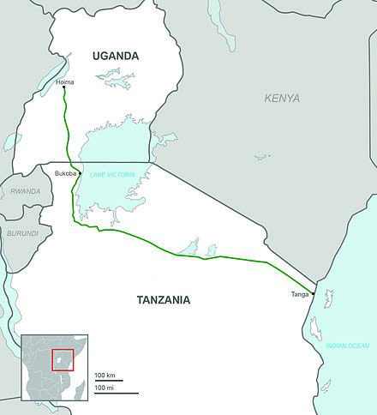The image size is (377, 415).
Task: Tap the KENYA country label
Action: [282, 99]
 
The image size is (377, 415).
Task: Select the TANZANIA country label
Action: [163, 300]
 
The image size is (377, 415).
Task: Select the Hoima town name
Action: [64, 81]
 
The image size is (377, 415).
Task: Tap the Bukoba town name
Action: [66, 173]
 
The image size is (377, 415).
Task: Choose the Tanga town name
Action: [300, 295]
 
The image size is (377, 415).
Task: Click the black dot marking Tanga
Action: [314, 294]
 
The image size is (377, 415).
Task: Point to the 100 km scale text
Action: [105, 376]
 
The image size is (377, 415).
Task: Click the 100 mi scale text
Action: [105, 390]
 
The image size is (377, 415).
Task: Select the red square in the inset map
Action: [63, 358]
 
